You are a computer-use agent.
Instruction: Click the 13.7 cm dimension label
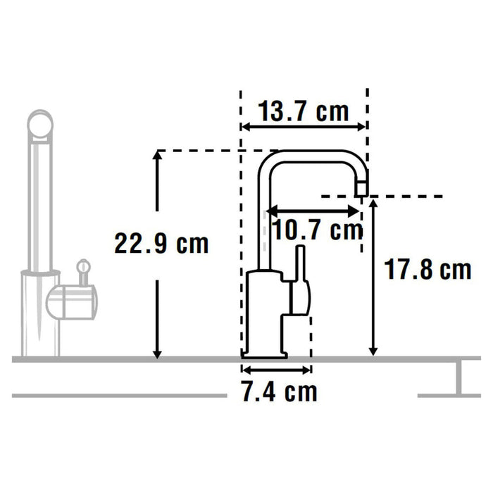[x=304, y=111]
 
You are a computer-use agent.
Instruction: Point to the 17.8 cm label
[x=427, y=269]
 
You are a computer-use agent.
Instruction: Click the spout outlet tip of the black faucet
[x=361, y=187]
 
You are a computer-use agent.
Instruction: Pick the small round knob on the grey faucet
[x=84, y=267]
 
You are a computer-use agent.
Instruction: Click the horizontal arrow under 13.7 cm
[x=304, y=127]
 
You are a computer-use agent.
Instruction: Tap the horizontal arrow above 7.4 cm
[x=276, y=369]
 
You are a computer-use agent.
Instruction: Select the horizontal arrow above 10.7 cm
[x=314, y=209]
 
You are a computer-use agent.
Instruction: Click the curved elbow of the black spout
[x=270, y=161]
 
